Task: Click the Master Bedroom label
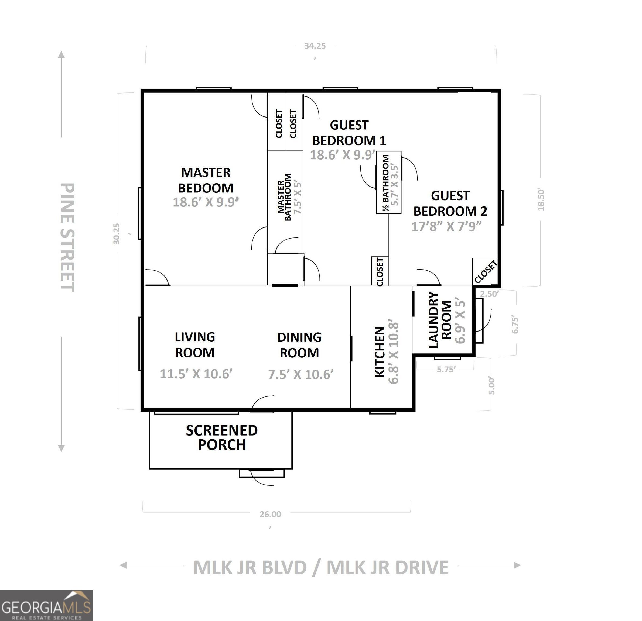(x=206, y=180)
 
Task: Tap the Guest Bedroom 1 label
(x=349, y=133)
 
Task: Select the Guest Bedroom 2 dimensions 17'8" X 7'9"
(x=446, y=226)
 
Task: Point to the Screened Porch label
(x=222, y=437)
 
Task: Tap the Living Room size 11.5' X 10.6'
(x=196, y=374)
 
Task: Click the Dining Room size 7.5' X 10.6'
(x=301, y=374)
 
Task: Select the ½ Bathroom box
(x=389, y=182)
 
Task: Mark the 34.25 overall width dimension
(x=315, y=46)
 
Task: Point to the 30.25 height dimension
(x=117, y=234)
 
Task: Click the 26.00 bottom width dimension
(x=270, y=514)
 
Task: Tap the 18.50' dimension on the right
(x=541, y=199)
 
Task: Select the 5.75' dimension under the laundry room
(x=446, y=369)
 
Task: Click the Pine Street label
(x=68, y=237)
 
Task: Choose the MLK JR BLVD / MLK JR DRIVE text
(x=321, y=567)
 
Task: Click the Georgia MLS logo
(x=46, y=605)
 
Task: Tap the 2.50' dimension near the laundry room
(x=489, y=294)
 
